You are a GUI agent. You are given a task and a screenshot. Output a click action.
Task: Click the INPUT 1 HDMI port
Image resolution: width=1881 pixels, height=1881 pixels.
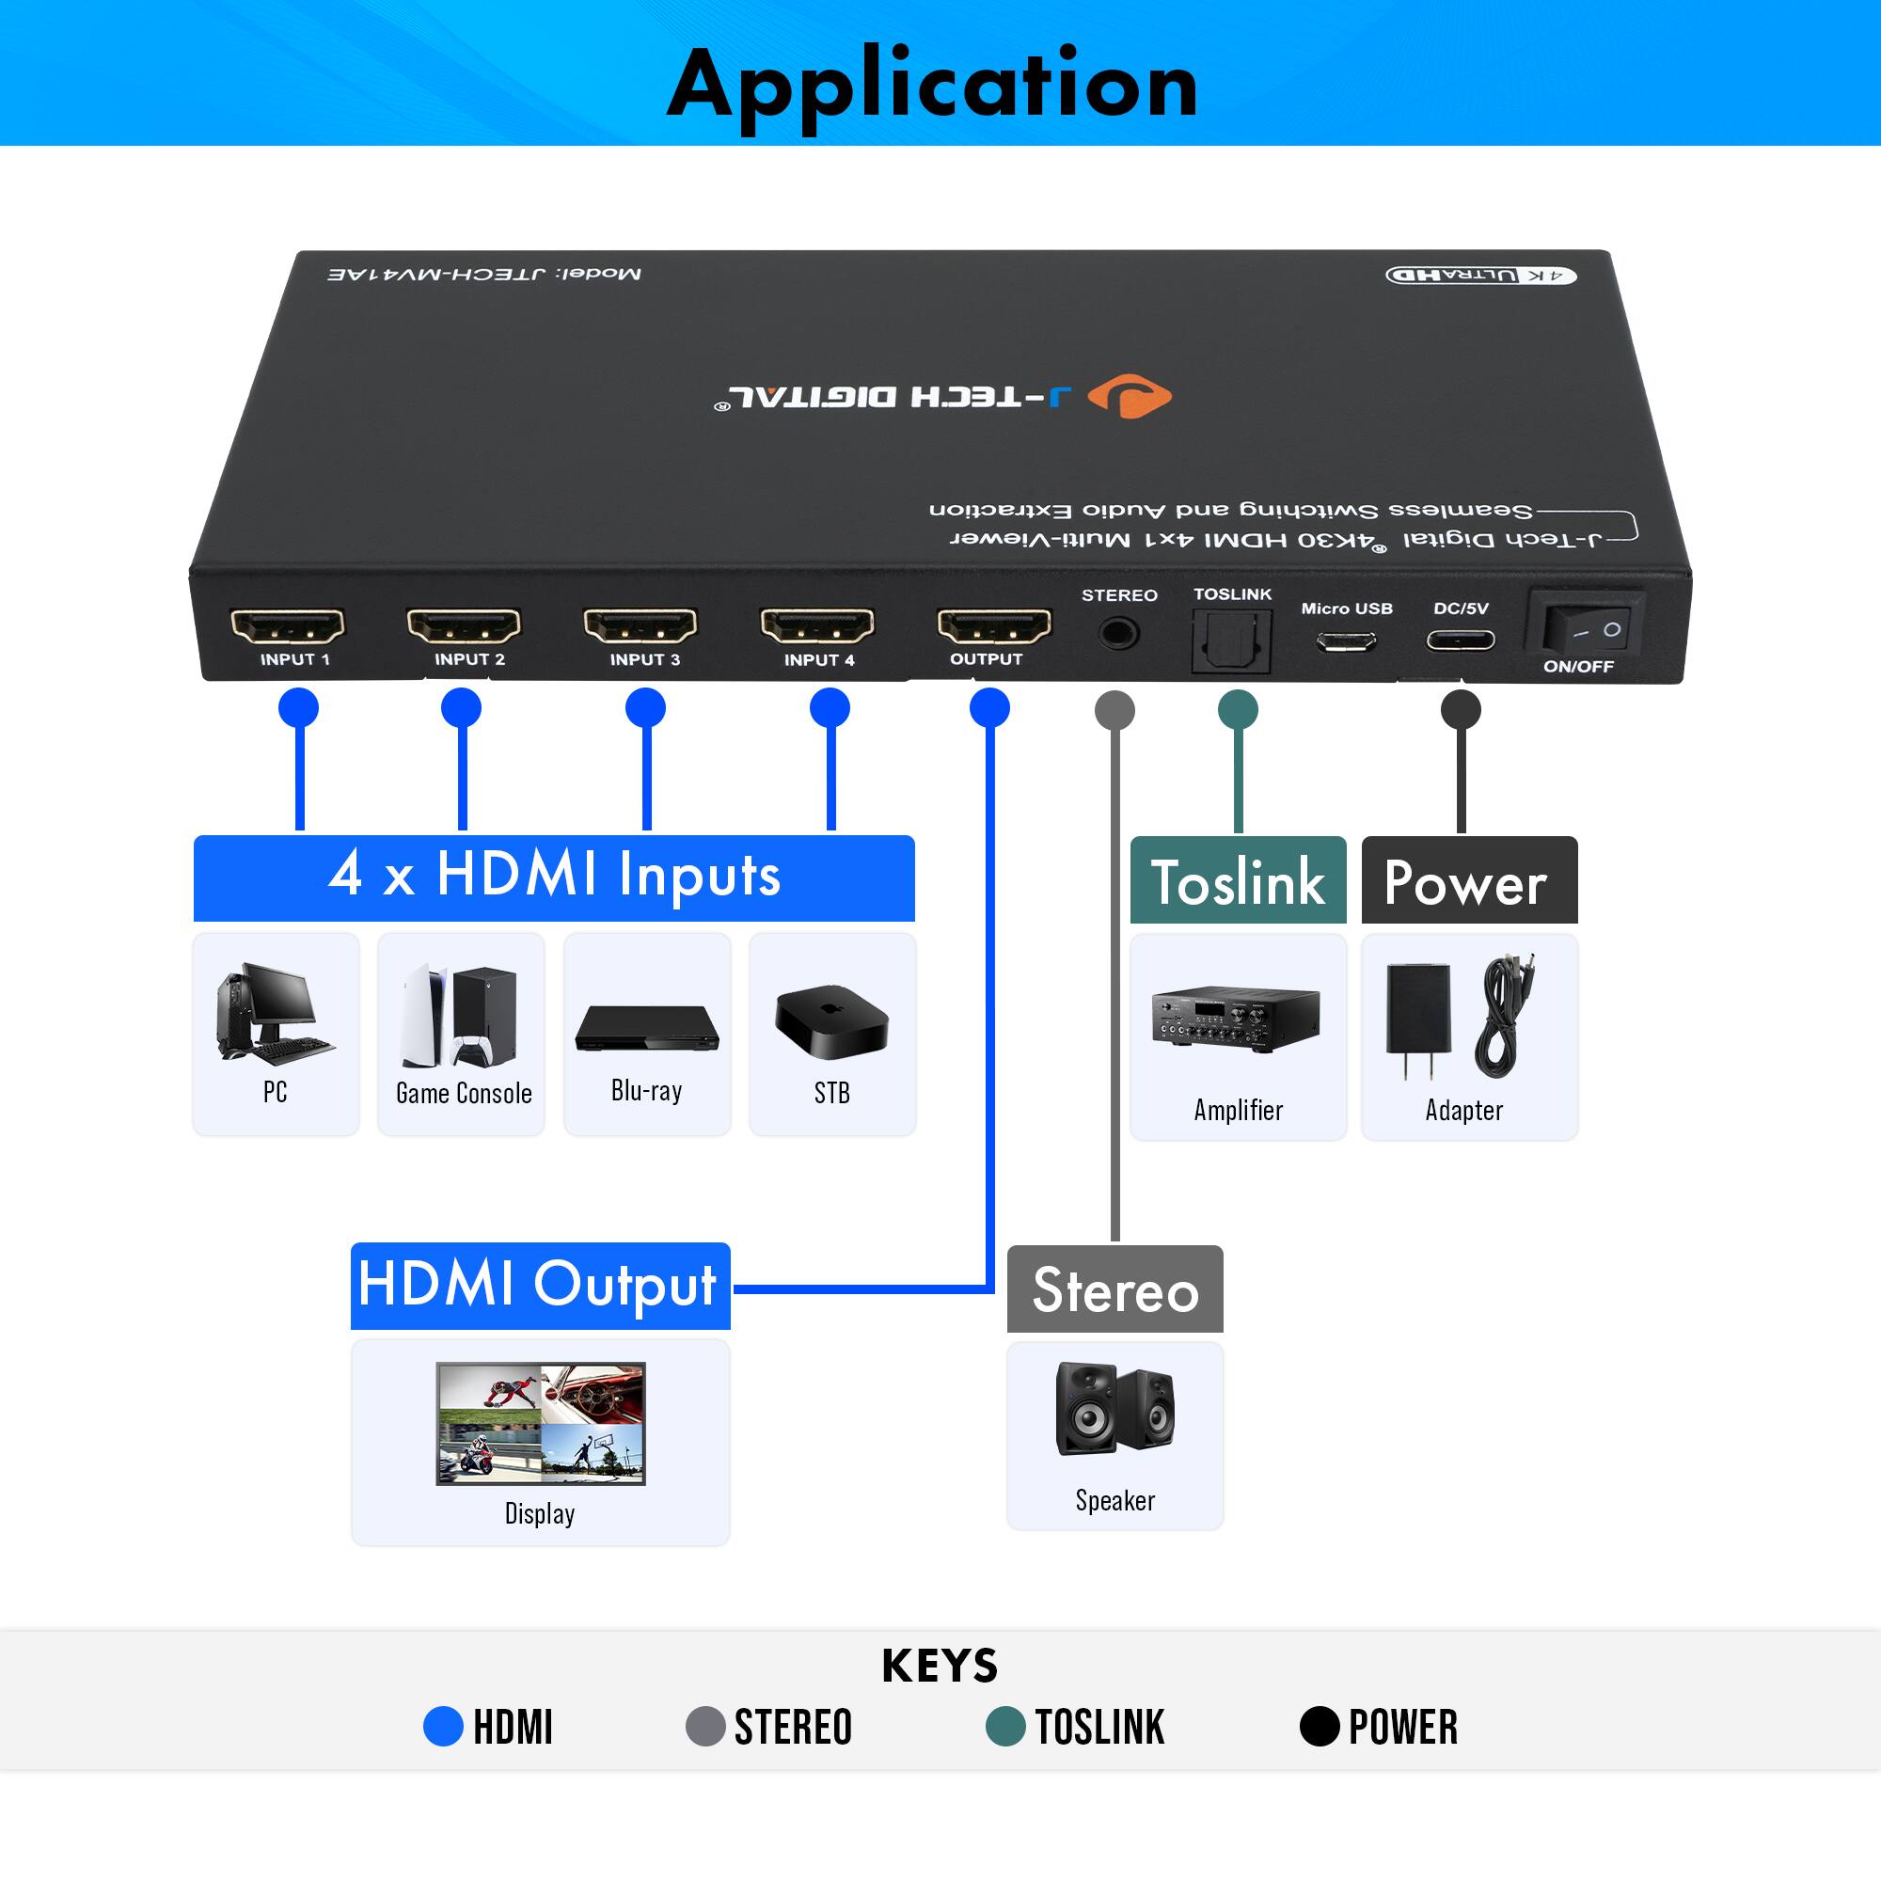click(x=287, y=625)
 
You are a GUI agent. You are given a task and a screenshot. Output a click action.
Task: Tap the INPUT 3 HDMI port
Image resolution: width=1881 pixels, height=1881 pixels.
click(x=640, y=625)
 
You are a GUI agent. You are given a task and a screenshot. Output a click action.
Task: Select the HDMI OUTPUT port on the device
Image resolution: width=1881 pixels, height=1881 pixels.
click(x=993, y=625)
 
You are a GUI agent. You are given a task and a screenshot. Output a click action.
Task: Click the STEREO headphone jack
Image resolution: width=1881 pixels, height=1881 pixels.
click(x=1117, y=634)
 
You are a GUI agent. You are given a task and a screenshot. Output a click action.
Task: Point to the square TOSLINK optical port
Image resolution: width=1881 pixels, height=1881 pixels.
click(x=1232, y=640)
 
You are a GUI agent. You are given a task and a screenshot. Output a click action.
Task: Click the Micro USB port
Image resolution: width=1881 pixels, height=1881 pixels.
click(x=1346, y=641)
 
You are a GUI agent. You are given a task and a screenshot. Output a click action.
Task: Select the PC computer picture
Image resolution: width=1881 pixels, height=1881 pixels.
click(x=276, y=1012)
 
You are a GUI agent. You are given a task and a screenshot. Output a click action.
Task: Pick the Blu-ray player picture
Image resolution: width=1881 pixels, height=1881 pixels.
click(x=646, y=1028)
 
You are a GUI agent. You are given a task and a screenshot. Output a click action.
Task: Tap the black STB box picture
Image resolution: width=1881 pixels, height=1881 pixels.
click(x=831, y=1021)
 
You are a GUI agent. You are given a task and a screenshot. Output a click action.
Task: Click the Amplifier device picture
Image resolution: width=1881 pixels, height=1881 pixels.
click(x=1236, y=1019)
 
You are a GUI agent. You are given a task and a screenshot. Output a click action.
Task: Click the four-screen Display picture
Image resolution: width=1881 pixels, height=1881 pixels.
click(x=541, y=1422)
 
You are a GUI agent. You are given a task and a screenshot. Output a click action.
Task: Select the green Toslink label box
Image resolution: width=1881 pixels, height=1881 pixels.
click(x=1238, y=880)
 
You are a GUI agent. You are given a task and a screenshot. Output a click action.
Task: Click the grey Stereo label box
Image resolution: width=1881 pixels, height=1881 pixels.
click(x=1114, y=1288)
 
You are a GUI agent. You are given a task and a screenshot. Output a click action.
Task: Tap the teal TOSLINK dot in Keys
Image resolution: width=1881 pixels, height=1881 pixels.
click(x=1004, y=1726)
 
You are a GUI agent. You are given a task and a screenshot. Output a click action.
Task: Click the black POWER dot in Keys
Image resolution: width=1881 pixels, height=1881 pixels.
click(x=1320, y=1726)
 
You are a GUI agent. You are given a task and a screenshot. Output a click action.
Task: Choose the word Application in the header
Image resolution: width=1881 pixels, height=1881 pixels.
click(x=932, y=86)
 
